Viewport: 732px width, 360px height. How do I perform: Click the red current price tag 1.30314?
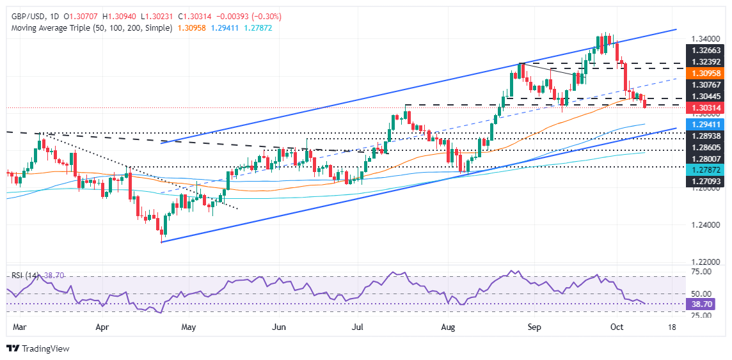pyautogui.click(x=707, y=108)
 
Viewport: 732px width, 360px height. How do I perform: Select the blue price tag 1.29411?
pyautogui.click(x=707, y=125)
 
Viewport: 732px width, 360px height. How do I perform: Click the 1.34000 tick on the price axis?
pyautogui.click(x=707, y=38)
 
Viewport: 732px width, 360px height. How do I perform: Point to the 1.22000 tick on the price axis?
pyautogui.click(x=707, y=262)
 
